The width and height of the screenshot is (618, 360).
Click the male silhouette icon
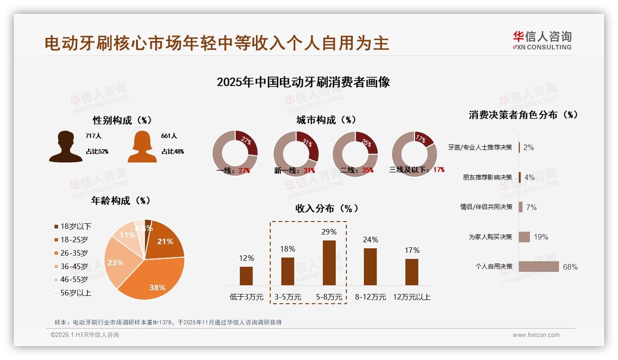point(65,146)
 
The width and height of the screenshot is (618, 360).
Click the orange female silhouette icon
point(142,147)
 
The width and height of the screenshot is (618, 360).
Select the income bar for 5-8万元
point(329,263)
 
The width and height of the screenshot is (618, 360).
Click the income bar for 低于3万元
point(246,276)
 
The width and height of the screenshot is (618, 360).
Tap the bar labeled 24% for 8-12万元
point(370,266)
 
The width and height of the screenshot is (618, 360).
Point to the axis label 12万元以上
point(411,297)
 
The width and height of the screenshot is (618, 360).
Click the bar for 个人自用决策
point(538,266)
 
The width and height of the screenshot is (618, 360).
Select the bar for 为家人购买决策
point(524,237)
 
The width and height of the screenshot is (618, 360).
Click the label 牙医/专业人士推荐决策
point(480,148)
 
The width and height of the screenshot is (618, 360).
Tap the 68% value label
point(570,267)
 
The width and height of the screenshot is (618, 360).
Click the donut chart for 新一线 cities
point(296,153)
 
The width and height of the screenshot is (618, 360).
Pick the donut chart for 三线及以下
point(414,154)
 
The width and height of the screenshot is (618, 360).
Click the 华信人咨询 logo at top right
point(542,41)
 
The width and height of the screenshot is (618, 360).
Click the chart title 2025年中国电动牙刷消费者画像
point(303,82)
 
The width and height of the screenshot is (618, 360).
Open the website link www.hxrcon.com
point(535,335)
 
